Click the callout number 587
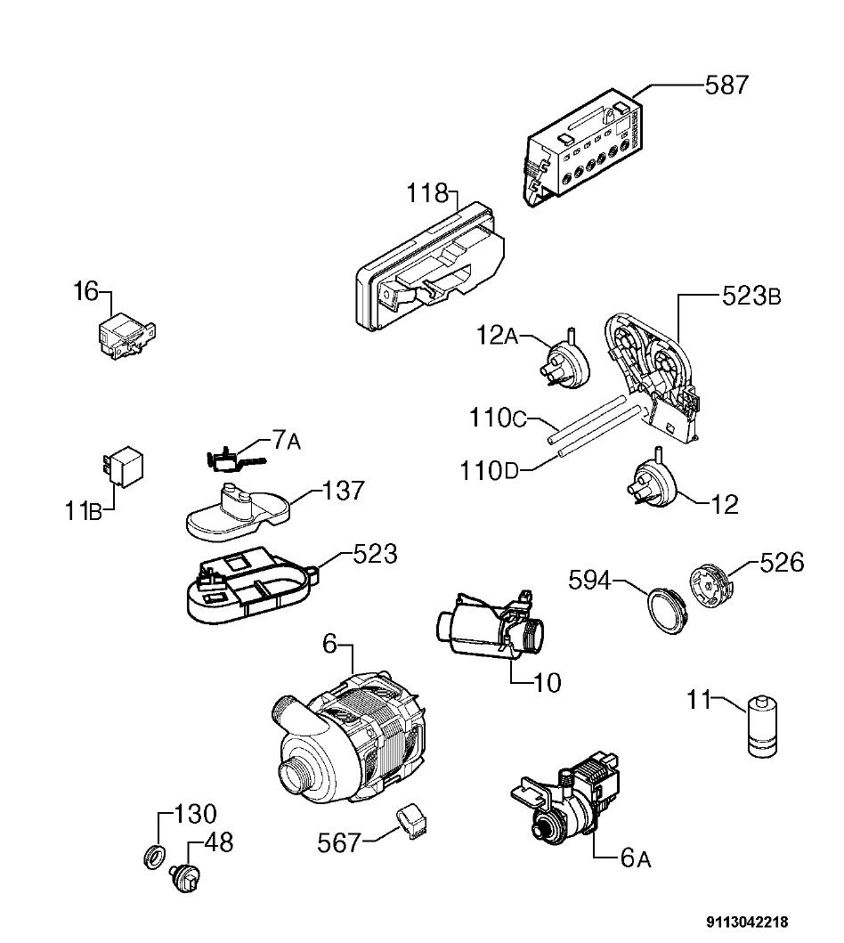726,85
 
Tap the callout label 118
427,193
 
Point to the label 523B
751,296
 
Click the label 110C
497,418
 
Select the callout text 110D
488,471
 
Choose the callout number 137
344,491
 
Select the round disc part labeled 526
710,584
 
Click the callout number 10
547,682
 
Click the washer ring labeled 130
155,856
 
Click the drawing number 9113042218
747,922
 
